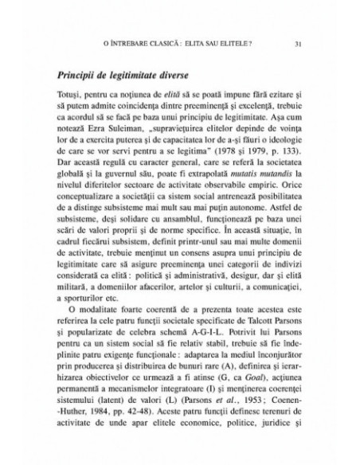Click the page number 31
tap(297, 43)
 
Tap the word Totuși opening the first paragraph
tap(70, 95)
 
